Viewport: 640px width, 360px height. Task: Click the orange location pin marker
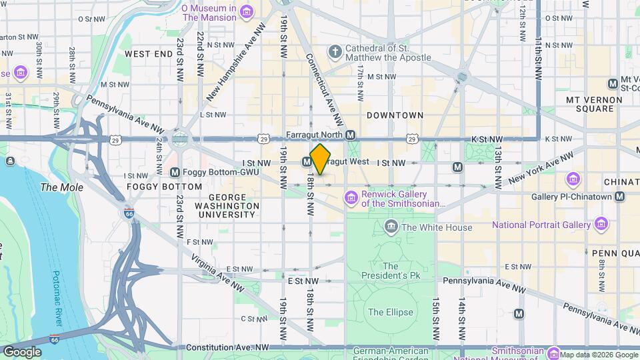tap(321, 160)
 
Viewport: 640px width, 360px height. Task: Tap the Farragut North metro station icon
tap(351, 135)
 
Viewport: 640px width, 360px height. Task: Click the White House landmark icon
tap(391, 227)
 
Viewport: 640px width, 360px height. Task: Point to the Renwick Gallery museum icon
tap(351, 198)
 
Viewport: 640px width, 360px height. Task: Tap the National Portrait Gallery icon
tap(601, 224)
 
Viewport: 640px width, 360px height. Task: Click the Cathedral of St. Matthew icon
tap(334, 51)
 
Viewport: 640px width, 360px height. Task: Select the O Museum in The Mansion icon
tap(247, 12)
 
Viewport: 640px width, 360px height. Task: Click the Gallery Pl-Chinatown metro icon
tap(620, 197)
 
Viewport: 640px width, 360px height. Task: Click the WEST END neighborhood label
tap(144, 54)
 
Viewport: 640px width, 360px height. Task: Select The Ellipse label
tap(391, 312)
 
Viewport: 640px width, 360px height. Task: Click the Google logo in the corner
tap(22, 352)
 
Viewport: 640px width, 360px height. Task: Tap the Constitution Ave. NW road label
tap(227, 348)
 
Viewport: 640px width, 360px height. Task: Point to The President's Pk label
tap(391, 271)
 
